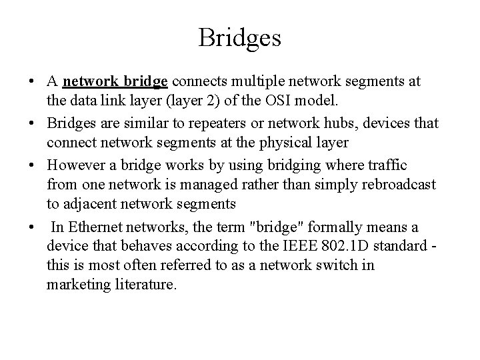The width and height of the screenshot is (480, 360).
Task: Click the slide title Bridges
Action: tap(239, 37)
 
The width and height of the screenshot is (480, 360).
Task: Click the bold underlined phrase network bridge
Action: tap(115, 82)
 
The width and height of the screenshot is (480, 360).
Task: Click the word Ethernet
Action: tap(95, 228)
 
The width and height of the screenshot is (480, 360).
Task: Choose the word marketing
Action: tap(77, 284)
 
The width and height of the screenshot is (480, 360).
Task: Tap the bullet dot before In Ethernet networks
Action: tap(32, 228)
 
